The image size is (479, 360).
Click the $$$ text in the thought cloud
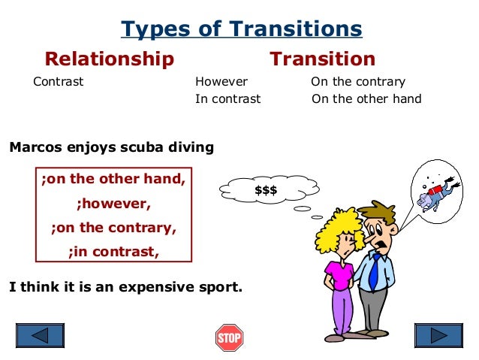click(266, 190)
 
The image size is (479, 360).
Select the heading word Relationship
click(110, 59)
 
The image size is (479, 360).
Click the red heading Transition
click(323, 59)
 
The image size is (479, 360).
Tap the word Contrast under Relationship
click(59, 82)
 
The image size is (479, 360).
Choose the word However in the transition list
click(221, 82)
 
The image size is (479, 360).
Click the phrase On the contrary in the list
click(358, 82)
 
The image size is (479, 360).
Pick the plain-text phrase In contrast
click(228, 98)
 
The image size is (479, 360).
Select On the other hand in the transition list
click(366, 98)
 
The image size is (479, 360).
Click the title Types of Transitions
click(242, 29)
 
